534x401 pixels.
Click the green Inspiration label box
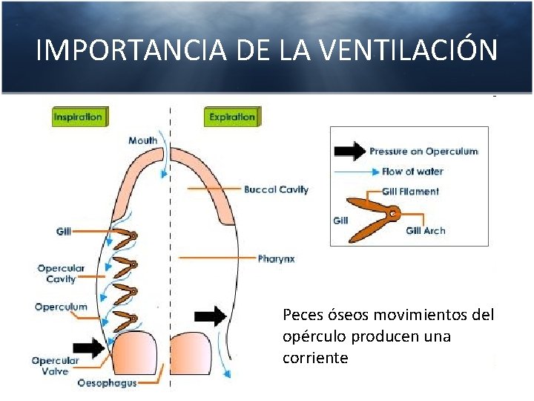[x=78, y=117]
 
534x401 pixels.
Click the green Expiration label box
[x=231, y=117]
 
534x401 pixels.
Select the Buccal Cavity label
[x=276, y=189]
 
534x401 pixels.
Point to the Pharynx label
[x=276, y=258]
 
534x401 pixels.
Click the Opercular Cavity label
[x=61, y=273]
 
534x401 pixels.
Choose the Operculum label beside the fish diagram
[x=61, y=307]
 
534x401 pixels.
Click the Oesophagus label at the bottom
[x=106, y=383]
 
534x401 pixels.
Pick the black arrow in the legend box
[x=349, y=151]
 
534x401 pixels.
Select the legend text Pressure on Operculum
[x=423, y=151]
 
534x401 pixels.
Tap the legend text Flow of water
[x=412, y=172]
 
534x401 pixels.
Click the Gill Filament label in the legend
[x=410, y=191]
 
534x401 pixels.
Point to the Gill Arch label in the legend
[x=426, y=230]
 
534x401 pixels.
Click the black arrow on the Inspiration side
[x=90, y=346]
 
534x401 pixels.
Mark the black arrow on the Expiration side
[x=211, y=316]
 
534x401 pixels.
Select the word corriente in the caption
[x=315, y=358]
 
